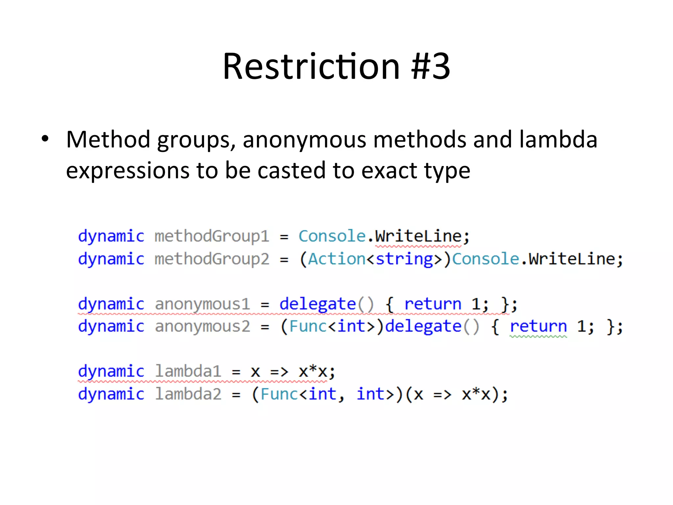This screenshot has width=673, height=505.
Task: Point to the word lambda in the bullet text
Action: tap(558, 139)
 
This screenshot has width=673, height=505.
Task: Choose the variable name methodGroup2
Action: tap(212, 259)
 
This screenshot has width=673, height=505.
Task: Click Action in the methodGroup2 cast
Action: tap(337, 259)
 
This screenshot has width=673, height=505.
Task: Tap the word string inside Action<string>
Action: tap(405, 259)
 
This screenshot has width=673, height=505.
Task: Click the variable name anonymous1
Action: tap(202, 304)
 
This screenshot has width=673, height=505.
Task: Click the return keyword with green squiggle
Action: tap(538, 326)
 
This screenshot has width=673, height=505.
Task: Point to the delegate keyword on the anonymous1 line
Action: tap(318, 304)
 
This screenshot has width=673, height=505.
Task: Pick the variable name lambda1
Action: tap(188, 372)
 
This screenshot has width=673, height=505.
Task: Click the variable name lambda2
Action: tap(188, 394)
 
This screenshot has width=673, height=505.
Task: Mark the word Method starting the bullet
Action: tap(108, 139)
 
